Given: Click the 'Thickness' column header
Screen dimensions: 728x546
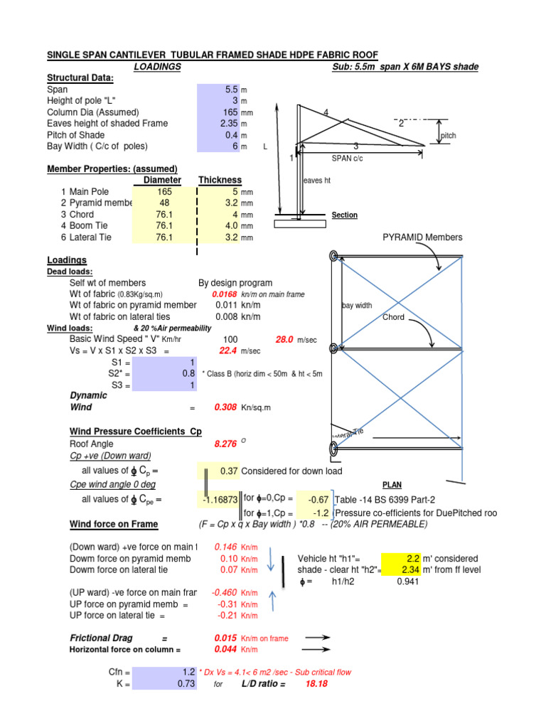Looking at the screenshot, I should click(220, 181).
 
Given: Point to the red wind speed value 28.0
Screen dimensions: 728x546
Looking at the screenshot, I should click(284, 340).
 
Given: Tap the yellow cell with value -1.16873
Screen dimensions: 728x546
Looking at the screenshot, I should click(220, 500).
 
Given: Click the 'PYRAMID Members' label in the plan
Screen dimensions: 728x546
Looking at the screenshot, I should click(422, 237).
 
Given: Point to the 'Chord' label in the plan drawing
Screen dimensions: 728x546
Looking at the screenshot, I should click(394, 318).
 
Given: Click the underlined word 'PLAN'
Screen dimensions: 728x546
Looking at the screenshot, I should click(392, 485).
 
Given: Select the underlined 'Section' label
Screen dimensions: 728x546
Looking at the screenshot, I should click(345, 215).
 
